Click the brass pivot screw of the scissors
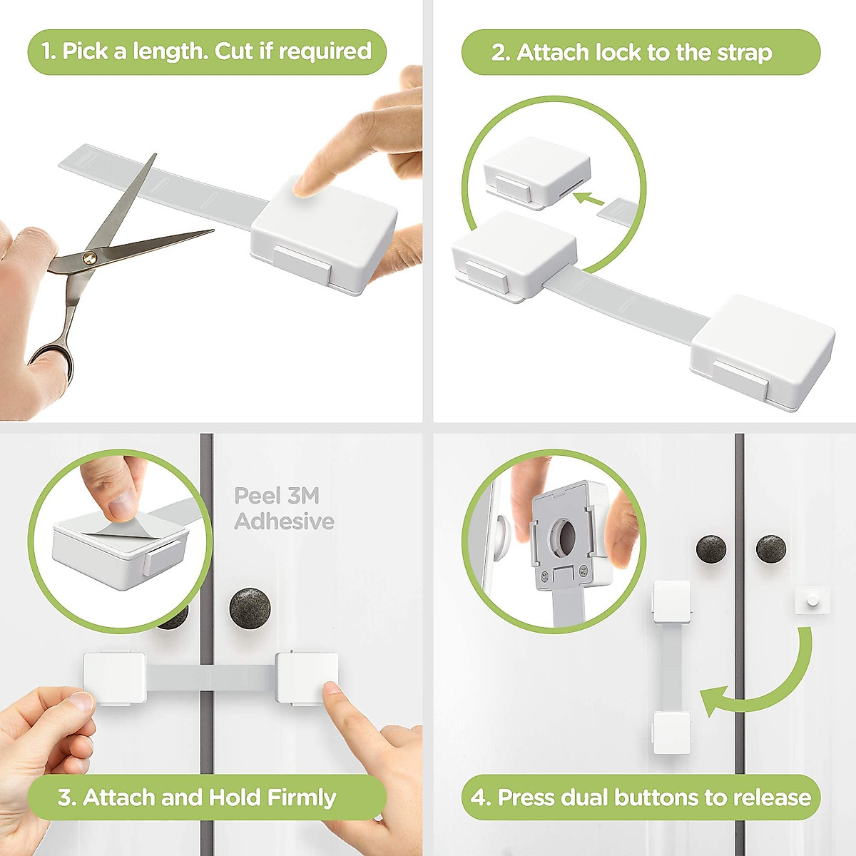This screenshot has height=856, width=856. (89, 256)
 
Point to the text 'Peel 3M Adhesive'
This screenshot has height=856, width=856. (284, 508)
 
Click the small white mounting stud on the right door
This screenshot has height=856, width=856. (812, 601)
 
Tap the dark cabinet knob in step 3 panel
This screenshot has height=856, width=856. (250, 608)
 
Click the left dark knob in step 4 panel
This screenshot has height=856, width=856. (711, 550)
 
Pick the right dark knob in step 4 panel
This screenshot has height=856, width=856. (770, 550)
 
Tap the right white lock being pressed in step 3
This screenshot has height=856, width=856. (307, 677)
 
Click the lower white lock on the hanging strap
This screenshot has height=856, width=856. (671, 732)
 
